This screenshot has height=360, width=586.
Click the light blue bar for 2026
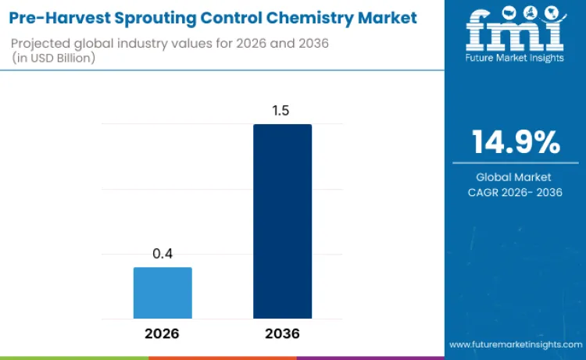[x=163, y=293]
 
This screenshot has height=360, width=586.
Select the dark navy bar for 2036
[x=282, y=221]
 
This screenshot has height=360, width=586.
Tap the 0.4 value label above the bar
[x=163, y=255]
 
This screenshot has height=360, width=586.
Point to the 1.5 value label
[x=281, y=111]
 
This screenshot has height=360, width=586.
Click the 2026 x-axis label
[x=162, y=333]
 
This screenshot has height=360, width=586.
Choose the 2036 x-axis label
[x=282, y=333]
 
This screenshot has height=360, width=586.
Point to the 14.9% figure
[x=515, y=142]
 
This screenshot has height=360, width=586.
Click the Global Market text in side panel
[x=514, y=177]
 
